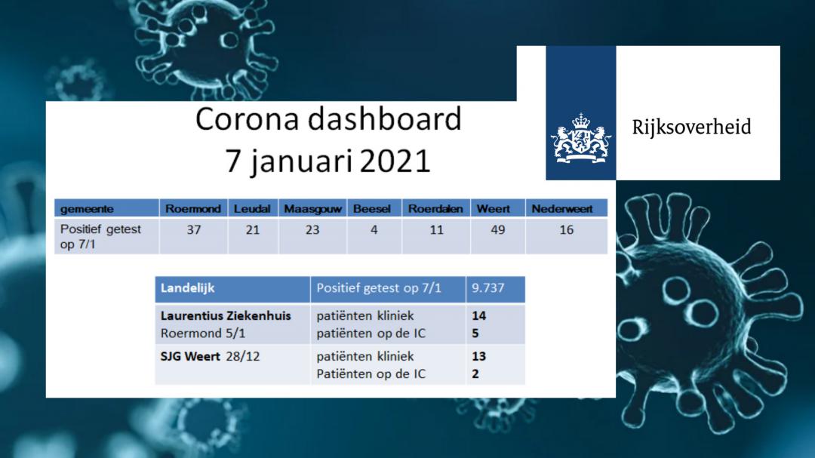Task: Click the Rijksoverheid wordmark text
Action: pyautogui.click(x=691, y=128)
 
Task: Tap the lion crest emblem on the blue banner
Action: pyautogui.click(x=580, y=139)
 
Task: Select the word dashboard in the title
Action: pyautogui.click(x=384, y=118)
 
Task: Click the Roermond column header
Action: pyautogui.click(x=193, y=209)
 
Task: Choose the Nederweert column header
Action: pyautogui.click(x=562, y=209)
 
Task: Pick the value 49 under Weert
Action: pyautogui.click(x=498, y=230)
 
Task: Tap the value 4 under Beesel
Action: pyautogui.click(x=374, y=230)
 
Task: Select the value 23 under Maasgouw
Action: pyautogui.click(x=312, y=230)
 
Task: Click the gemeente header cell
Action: pyautogui.click(x=87, y=209)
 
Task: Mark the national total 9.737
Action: pyautogui.click(x=487, y=288)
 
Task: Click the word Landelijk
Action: pyautogui.click(x=188, y=288)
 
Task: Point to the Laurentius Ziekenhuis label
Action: pyautogui.click(x=226, y=316)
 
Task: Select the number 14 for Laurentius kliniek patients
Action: pyautogui.click(x=478, y=316)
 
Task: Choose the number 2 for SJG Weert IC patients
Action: pyautogui.click(x=475, y=374)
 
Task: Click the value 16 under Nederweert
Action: pyautogui.click(x=567, y=230)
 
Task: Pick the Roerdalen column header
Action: pyautogui.click(x=435, y=209)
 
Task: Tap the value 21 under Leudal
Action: pyautogui.click(x=253, y=230)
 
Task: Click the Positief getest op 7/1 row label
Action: pyautogui.click(x=101, y=236)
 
